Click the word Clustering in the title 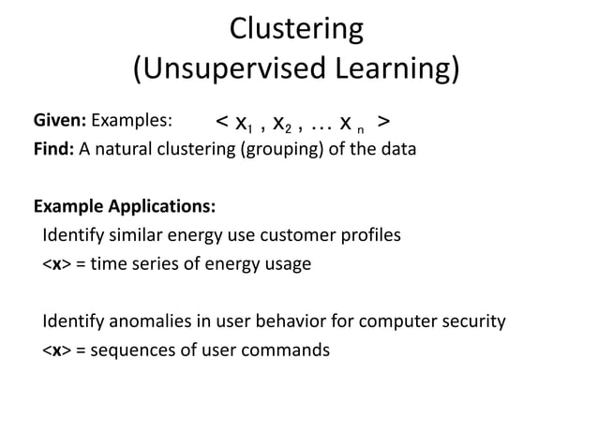pyautogui.click(x=296, y=29)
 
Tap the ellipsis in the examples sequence pyautogui.click(x=318, y=124)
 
